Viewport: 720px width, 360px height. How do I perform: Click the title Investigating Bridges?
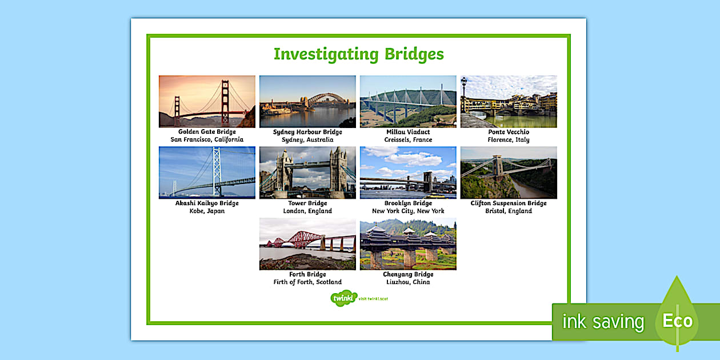click(358, 54)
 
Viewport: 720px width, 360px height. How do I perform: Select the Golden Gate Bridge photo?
click(207, 101)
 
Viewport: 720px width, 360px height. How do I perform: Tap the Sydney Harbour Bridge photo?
click(307, 101)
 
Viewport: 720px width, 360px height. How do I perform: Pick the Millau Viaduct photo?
click(408, 101)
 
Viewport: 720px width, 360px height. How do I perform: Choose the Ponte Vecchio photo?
click(509, 101)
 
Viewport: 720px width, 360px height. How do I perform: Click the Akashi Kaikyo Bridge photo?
click(207, 172)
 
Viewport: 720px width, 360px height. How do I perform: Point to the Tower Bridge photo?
click(307, 172)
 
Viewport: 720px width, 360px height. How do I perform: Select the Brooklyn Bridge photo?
click(408, 172)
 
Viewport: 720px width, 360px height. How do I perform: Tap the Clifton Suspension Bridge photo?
click(509, 172)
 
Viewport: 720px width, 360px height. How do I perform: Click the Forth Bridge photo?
click(307, 243)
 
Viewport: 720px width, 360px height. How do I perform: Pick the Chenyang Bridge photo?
click(408, 243)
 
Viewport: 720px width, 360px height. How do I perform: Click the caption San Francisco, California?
click(207, 139)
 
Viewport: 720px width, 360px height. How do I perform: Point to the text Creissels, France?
click(408, 139)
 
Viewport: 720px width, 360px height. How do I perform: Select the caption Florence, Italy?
click(509, 139)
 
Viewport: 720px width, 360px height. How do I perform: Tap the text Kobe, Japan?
click(207, 211)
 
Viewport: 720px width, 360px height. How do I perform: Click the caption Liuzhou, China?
click(408, 282)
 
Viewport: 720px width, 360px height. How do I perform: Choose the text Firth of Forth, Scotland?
click(307, 282)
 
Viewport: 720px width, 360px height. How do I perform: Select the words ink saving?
click(603, 322)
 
